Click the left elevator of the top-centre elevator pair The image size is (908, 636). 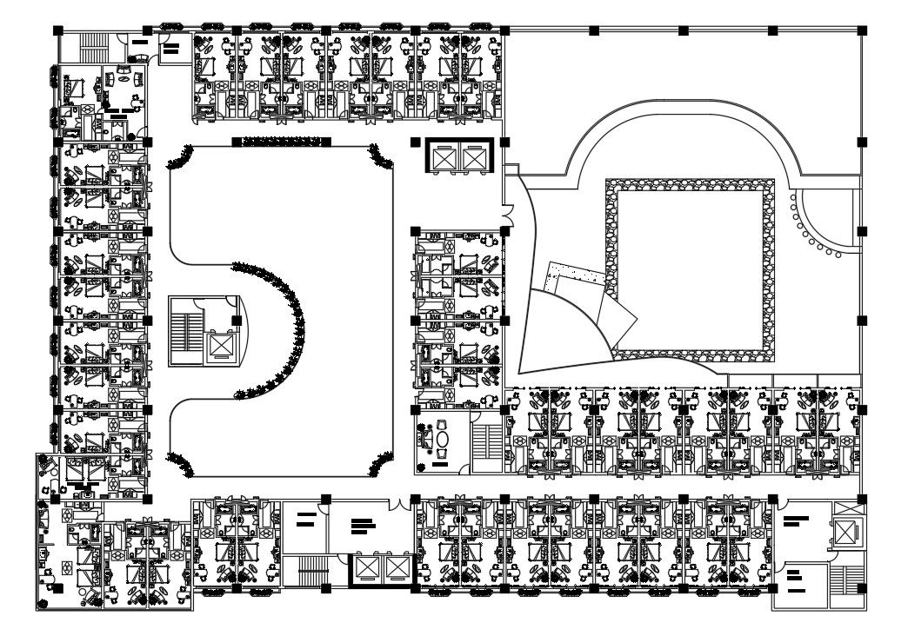click(x=444, y=158)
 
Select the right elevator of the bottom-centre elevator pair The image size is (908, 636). click(x=397, y=568)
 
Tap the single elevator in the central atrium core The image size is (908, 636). click(x=222, y=347)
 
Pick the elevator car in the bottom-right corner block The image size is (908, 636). click(x=845, y=531)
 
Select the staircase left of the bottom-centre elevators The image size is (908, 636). click(x=311, y=571)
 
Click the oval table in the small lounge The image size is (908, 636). click(x=442, y=441)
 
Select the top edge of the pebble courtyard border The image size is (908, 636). click(x=690, y=185)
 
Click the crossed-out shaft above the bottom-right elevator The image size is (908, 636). click(x=844, y=507)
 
